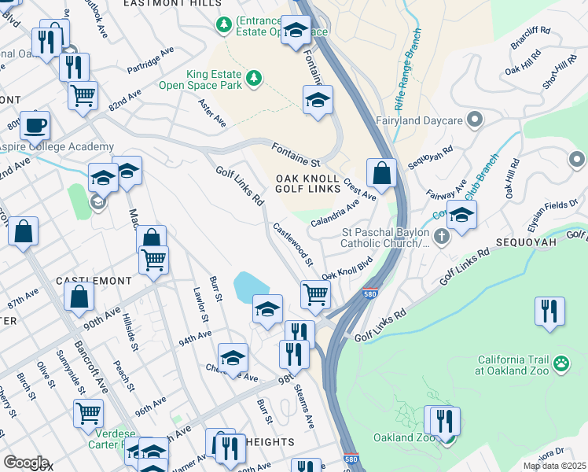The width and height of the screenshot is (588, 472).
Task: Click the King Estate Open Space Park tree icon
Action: coord(253,77)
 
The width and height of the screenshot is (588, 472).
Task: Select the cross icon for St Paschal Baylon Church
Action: coord(442,235)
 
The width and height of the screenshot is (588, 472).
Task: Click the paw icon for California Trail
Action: coord(561,363)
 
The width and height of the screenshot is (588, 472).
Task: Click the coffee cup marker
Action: coord(34,124)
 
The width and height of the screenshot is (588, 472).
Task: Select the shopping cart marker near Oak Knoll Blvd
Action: coord(315,294)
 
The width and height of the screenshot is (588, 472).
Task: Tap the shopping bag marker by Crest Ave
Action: coord(381,174)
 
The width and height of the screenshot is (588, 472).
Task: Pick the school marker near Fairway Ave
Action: coord(462,215)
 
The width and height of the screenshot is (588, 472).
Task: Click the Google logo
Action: coord(25,463)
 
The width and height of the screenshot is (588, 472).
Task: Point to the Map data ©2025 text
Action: coord(553,466)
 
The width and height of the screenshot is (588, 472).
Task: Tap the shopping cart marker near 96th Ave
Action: coord(88,411)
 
